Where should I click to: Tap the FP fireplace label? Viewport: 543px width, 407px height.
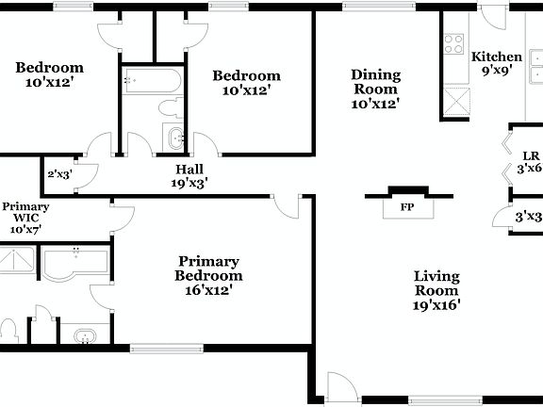tap(407, 206)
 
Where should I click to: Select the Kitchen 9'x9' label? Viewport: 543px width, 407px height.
tap(497, 63)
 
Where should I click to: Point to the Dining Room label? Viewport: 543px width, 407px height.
tap(376, 89)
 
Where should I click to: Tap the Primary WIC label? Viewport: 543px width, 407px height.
tap(25, 217)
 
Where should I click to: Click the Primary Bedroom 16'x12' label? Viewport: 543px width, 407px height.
tap(208, 275)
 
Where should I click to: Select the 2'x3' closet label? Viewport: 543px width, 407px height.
tap(58, 173)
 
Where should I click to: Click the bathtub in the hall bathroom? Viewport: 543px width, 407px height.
tap(152, 82)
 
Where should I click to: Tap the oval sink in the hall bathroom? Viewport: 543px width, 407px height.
tap(176, 138)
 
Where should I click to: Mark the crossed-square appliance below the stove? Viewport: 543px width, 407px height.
tap(455, 99)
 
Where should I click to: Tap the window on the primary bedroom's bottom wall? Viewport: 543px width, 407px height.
tap(159, 348)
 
